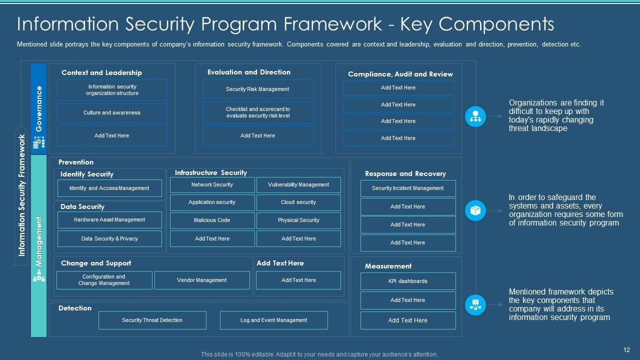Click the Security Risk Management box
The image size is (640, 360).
257,89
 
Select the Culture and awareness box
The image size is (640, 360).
112,113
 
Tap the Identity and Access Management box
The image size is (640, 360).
109,188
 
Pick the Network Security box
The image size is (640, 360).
212,185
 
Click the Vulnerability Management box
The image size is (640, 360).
298,185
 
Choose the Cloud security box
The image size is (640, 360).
298,202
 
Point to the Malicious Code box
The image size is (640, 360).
212,220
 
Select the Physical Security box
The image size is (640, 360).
298,220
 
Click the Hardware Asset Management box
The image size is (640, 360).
109,220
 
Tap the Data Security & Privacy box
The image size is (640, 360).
109,239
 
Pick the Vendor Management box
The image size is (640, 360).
202,280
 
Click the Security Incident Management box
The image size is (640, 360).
407,188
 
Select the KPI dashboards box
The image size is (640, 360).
407,281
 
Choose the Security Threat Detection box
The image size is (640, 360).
152,320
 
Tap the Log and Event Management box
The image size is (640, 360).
273,320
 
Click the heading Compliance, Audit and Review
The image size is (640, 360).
400,74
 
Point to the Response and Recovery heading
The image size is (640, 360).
405,174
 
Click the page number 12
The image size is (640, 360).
627,350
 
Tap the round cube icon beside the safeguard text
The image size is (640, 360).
475,211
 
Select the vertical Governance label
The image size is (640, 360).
39,109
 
